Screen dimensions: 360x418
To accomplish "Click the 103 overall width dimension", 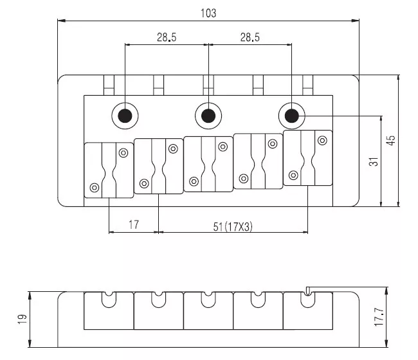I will [208, 13].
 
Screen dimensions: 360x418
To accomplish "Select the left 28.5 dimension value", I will [166, 37].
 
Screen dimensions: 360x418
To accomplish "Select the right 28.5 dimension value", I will [250, 37].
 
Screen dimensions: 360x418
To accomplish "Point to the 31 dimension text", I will [373, 161].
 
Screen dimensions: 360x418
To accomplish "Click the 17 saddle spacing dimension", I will [134, 225].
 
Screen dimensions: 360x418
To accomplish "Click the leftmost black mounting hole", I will [124, 116].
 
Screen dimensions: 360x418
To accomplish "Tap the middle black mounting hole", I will [208, 116].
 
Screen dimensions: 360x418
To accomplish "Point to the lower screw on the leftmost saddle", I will [95, 188].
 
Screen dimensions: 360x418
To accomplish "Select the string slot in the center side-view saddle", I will [208, 298].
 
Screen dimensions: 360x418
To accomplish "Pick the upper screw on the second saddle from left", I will [173, 148].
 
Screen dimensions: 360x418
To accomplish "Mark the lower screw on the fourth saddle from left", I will [243, 178].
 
